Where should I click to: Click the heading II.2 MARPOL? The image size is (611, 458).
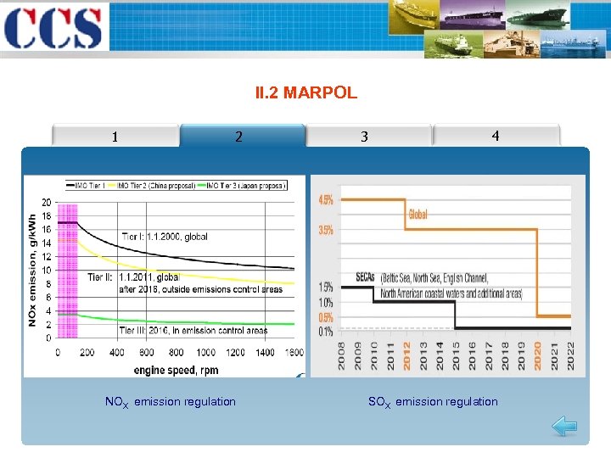tap(305, 92)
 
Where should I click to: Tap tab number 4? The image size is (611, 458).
tap(495, 136)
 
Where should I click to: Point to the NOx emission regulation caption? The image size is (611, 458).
tap(170, 401)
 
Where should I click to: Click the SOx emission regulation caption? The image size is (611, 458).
tap(433, 401)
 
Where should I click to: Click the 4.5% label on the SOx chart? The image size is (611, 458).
tap(326, 200)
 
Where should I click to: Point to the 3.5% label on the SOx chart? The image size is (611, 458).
tap(326, 230)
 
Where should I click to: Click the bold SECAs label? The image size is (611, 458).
tap(366, 277)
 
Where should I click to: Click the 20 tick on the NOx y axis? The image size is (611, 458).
tap(46, 202)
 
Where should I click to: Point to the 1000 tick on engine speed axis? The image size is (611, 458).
tap(205, 352)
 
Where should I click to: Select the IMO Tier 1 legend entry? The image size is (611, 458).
tap(91, 185)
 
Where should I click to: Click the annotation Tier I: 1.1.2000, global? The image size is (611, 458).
tap(165, 237)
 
